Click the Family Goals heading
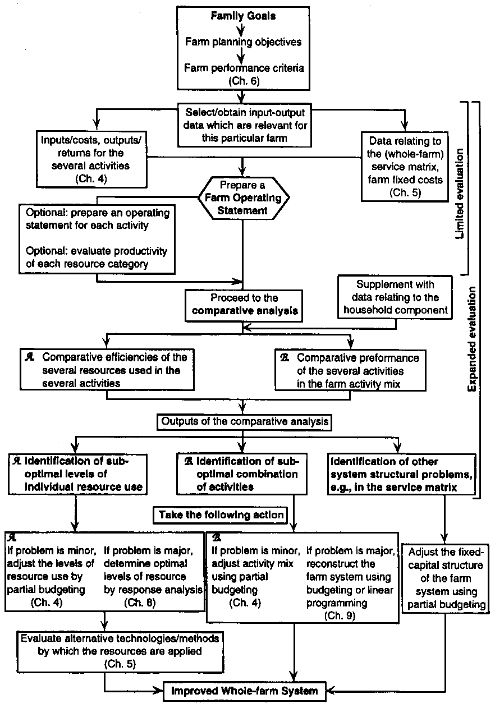point(243,16)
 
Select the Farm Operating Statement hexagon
point(244,197)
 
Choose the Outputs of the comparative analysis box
point(243,421)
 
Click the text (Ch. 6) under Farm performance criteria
point(242,81)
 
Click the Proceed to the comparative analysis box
point(244,304)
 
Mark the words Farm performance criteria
point(243,69)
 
